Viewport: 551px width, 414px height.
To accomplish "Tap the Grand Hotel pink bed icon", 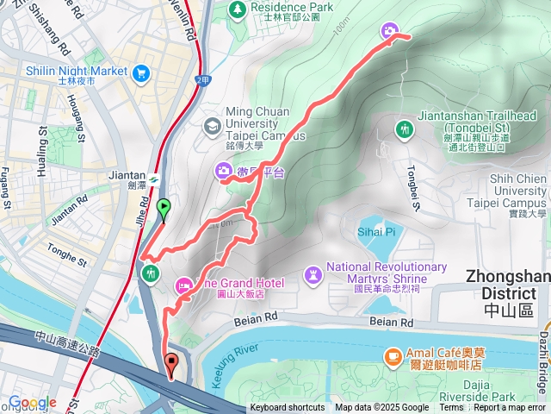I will [183, 285].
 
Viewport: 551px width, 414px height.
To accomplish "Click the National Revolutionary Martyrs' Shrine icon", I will [313, 275].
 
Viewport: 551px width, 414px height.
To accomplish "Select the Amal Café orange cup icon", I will [393, 355].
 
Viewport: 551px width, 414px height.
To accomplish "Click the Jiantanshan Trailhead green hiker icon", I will [403, 129].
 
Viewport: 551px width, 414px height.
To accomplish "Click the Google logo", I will [33, 403].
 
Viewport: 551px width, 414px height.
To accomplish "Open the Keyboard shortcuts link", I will [288, 408].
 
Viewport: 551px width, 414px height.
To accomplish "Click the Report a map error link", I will [511, 408].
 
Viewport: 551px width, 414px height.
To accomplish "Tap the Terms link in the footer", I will [451, 408].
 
